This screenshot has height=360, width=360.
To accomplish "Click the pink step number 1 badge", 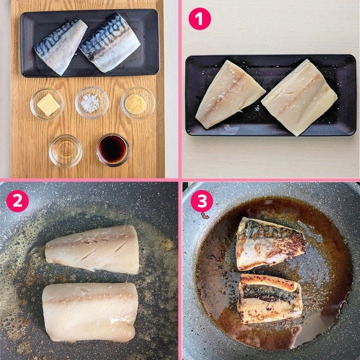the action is click(x=199, y=19).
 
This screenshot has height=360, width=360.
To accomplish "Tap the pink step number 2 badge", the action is click(x=17, y=201).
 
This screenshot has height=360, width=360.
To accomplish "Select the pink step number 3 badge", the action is click(x=202, y=201).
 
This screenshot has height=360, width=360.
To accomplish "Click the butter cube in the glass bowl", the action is click(x=48, y=104).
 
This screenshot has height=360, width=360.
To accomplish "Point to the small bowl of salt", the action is click(x=92, y=103).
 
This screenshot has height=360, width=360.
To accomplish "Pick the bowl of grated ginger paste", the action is click(x=138, y=103).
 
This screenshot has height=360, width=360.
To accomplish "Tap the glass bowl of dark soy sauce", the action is click(x=113, y=150).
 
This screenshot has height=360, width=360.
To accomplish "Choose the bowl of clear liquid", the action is click(x=66, y=151).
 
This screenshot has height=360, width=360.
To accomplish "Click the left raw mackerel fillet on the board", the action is click(x=60, y=47).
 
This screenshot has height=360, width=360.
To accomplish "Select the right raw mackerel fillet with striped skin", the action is click(x=110, y=43).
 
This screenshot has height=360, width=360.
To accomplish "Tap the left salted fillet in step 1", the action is click(x=230, y=94).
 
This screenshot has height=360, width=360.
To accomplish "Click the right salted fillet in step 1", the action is click(x=300, y=97).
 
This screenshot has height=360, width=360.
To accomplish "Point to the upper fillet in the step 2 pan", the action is click(x=93, y=249).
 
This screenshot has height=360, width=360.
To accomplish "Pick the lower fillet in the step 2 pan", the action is click(x=90, y=312).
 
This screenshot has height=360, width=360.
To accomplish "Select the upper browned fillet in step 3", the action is click(x=271, y=244).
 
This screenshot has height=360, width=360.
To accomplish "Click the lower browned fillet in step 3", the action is click(x=270, y=298).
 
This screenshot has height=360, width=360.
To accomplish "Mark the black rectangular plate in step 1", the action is click(x=271, y=95).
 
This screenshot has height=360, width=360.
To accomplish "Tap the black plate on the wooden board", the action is click(x=90, y=43).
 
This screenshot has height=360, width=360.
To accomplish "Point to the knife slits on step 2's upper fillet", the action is click(x=103, y=248).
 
